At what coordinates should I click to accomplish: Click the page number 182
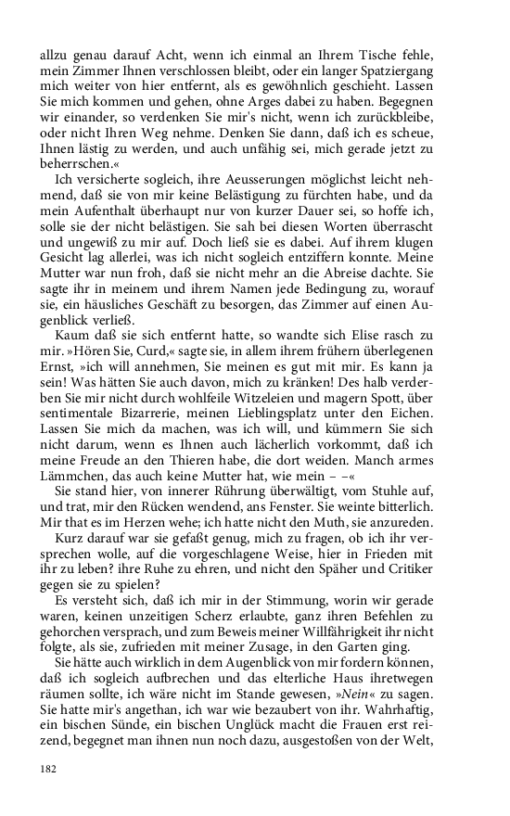tap(50, 768)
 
